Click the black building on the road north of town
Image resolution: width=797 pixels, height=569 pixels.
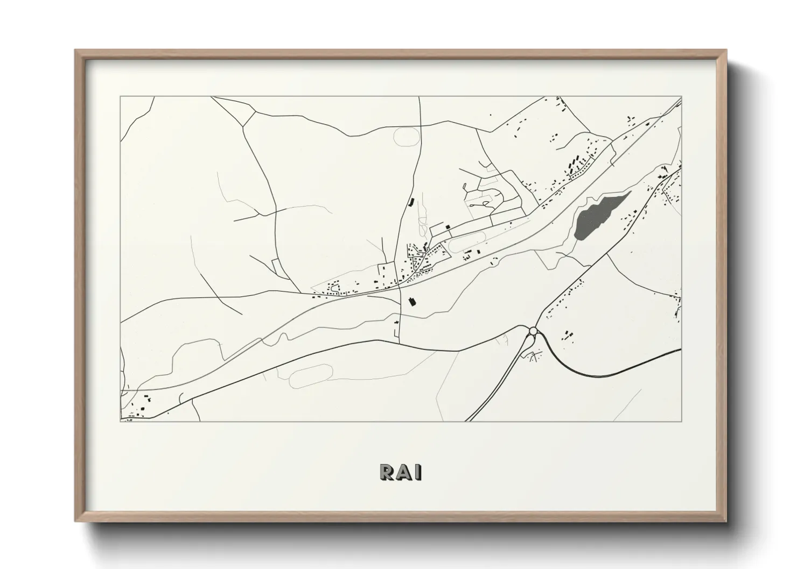coord(413,203)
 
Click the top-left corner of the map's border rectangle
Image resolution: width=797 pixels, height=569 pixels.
coord(120,97)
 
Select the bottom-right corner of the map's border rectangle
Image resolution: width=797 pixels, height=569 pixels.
coord(682,421)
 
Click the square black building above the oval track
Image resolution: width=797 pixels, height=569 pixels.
coord(447,227)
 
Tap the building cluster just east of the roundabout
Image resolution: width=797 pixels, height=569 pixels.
coord(567,336)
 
